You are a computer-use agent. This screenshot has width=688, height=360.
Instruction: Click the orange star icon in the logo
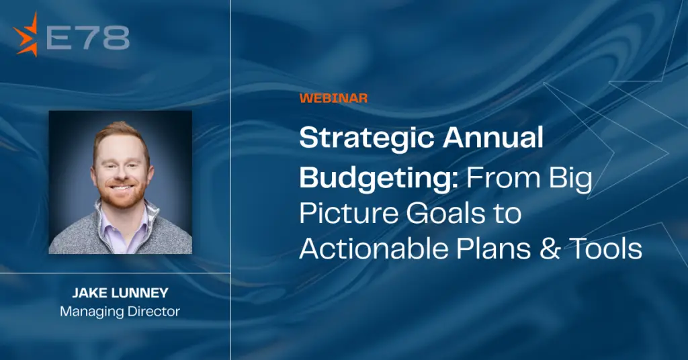[26, 35]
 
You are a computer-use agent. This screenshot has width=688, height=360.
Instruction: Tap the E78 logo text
[88, 38]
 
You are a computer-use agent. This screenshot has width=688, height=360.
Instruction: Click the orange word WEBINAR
[333, 98]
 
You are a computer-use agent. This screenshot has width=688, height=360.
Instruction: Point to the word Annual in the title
[493, 137]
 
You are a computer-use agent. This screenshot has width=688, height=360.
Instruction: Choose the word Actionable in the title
[374, 248]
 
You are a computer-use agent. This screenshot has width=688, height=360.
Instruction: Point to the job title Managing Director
[120, 312]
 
